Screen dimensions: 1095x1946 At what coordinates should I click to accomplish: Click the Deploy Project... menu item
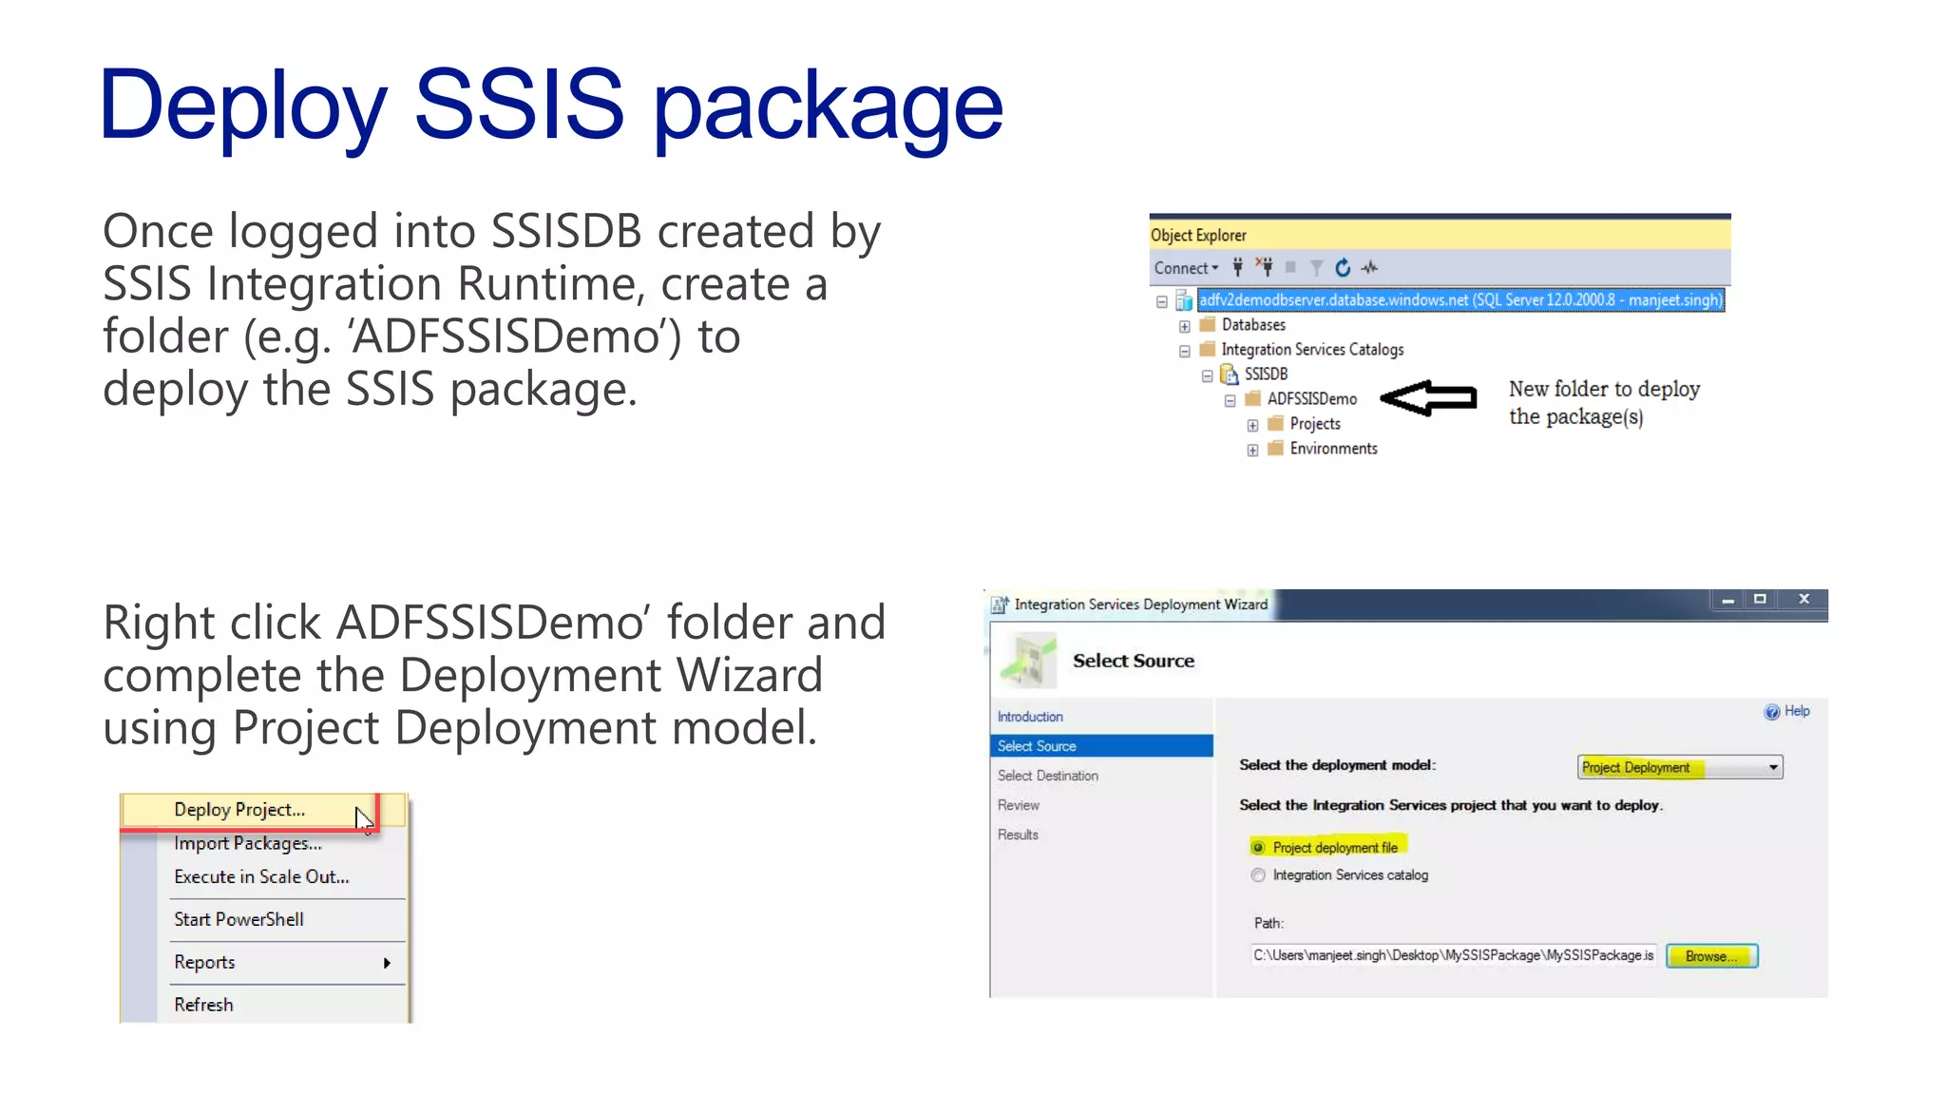(x=239, y=810)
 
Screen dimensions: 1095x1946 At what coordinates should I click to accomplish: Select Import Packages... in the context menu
(x=247, y=843)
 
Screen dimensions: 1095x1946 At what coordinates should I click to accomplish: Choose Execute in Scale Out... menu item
(x=261, y=876)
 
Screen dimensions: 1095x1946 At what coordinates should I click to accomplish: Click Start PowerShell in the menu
(x=238, y=919)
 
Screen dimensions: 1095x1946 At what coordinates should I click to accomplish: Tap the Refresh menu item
(x=203, y=1005)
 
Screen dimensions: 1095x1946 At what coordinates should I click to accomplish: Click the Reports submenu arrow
(x=387, y=963)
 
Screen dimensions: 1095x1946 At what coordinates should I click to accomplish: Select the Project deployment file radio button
(x=1258, y=847)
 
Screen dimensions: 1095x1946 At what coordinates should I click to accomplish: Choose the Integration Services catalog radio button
(x=1258, y=874)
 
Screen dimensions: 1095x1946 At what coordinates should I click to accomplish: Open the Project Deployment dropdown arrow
(x=1773, y=767)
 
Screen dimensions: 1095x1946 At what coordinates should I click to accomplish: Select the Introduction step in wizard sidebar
(x=1030, y=717)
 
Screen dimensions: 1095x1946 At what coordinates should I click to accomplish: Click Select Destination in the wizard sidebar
(x=1047, y=776)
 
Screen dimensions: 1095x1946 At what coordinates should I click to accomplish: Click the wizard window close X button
(x=1803, y=599)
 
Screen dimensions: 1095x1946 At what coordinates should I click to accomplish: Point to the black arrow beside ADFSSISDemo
(x=1429, y=397)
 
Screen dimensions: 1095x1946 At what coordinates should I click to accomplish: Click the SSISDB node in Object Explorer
(x=1266, y=374)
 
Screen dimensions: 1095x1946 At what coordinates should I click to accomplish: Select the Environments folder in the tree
(x=1332, y=448)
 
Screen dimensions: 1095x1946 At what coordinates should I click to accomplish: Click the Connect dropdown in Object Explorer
(x=1186, y=268)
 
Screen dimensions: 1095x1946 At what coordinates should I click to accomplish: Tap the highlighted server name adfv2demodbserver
(x=1459, y=299)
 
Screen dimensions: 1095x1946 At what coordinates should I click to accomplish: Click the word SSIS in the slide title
(x=519, y=105)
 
